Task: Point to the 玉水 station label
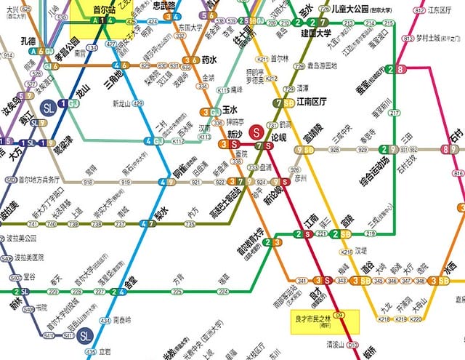tap(230, 110)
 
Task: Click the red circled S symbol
tap(256, 132)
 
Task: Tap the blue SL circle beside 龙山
tap(49, 106)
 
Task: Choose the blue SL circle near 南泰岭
tap(85, 335)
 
